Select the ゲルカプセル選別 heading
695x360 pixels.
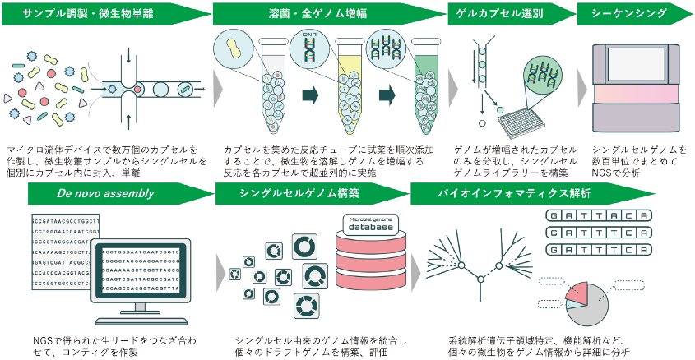(x=504, y=13)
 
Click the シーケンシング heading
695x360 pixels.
(x=630, y=13)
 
